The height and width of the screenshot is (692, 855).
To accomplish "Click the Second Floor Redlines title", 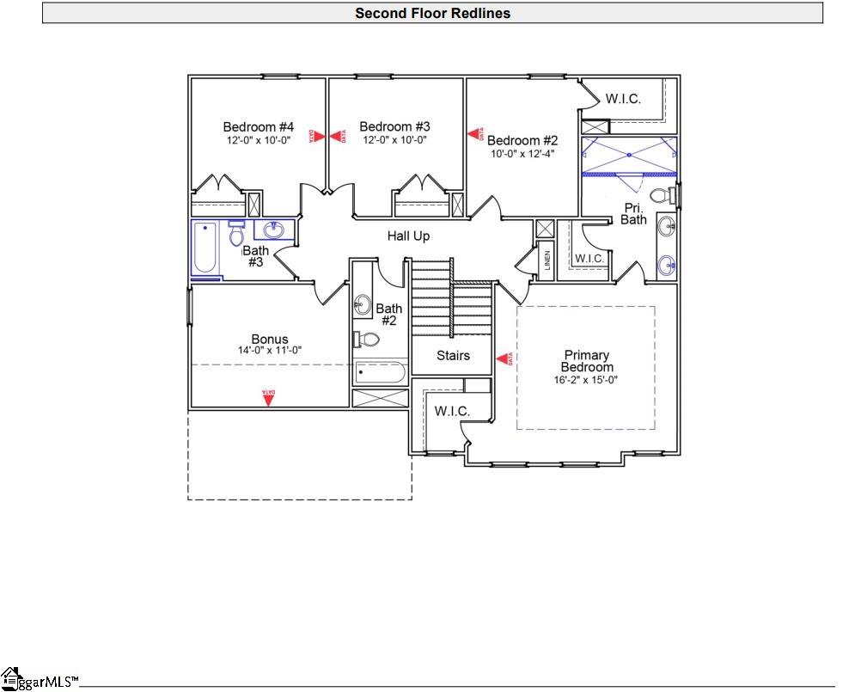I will point(432,13).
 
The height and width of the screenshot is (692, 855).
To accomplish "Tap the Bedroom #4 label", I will point(258,127).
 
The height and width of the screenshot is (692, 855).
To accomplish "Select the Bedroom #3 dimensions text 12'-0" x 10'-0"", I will point(394,140).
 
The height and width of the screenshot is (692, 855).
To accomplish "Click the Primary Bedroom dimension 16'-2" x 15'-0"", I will point(586,379).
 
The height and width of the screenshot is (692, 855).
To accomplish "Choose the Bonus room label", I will point(269,339).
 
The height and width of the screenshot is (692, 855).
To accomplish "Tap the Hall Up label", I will point(408,236).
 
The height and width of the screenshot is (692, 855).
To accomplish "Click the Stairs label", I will point(453,355).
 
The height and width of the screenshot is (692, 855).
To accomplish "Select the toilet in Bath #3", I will point(237,233).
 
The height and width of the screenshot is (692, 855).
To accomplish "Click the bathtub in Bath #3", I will point(205,248).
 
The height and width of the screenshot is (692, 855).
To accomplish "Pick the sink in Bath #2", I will point(363,303).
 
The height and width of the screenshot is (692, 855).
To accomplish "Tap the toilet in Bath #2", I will point(365,340).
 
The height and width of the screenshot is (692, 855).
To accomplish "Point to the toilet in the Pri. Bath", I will point(662,197).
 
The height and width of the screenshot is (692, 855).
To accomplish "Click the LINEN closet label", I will point(547,260).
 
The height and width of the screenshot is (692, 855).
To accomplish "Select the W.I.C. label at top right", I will point(622,99).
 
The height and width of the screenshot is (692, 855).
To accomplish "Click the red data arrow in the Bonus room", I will point(268,398).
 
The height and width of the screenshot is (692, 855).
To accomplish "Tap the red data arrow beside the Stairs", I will point(504,358).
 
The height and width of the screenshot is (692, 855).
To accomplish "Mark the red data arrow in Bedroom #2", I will point(473,134).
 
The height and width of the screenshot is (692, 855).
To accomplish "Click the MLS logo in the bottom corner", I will point(39,679).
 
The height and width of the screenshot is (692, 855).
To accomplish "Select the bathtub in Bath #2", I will point(380,373).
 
